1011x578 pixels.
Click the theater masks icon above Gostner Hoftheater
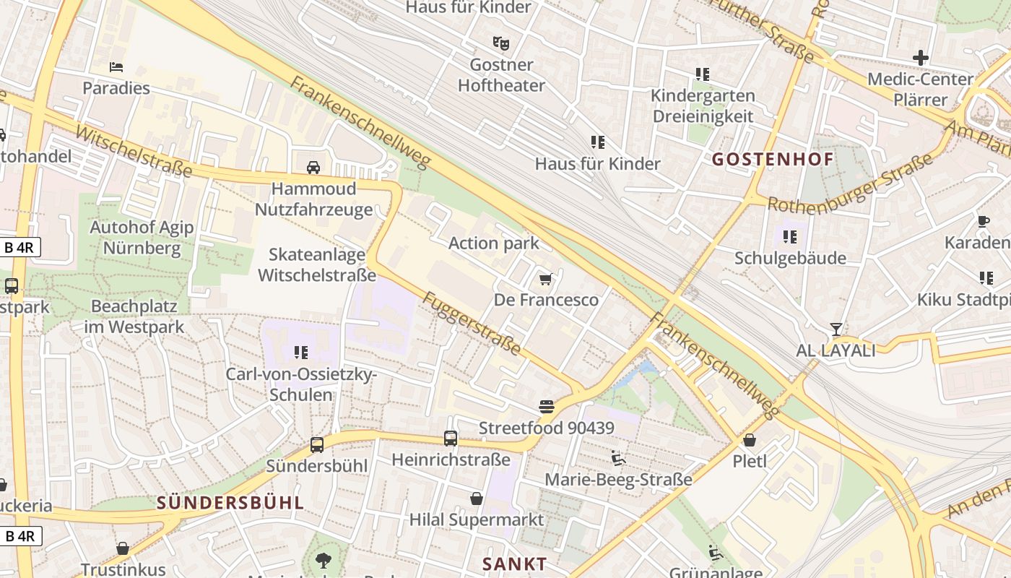pos(500,43)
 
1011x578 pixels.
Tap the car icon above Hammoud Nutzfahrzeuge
pos(313,168)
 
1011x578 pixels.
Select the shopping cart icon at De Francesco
pos(546,279)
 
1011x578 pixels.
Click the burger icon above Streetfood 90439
pos(547,407)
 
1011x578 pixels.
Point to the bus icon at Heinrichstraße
pos(450,438)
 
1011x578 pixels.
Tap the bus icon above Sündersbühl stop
pos(316,444)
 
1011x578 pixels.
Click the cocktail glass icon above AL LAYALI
pos(836,329)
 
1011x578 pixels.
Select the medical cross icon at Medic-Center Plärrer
pos(920,57)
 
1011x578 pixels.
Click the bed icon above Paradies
pos(116,67)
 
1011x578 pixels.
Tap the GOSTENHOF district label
pos(773,159)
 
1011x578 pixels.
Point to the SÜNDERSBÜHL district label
pos(230,503)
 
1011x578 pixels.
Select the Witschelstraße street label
pos(134,152)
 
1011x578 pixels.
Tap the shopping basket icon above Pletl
pos(750,439)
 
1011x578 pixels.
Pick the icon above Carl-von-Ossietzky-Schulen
pos(300,353)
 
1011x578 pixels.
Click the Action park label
pos(494,243)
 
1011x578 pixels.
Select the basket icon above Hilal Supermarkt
pos(476,499)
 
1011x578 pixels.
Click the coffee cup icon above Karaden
pos(984,221)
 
